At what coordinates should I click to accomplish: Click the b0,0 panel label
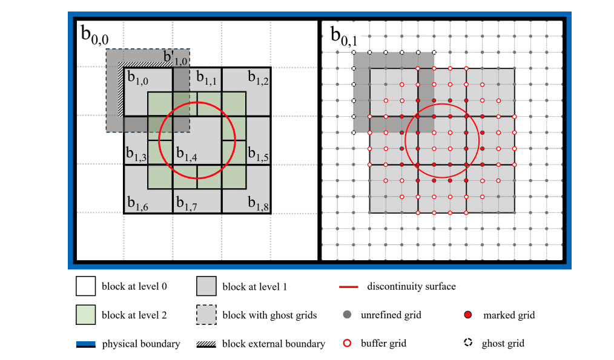pyautogui.click(x=95, y=36)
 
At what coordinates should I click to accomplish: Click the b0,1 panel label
pyautogui.click(x=343, y=36)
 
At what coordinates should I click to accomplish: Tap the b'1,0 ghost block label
pyautogui.click(x=176, y=59)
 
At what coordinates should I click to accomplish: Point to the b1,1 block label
pyautogui.click(x=207, y=79)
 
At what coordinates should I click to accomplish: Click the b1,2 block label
pyautogui.click(x=258, y=79)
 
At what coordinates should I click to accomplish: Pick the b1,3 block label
pyautogui.click(x=136, y=155)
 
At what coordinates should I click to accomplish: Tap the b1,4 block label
pyautogui.click(x=187, y=154)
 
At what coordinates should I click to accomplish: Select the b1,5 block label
pyautogui.click(x=258, y=155)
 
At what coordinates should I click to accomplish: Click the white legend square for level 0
pyautogui.click(x=86, y=286)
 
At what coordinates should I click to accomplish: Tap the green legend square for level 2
pyautogui.click(x=86, y=315)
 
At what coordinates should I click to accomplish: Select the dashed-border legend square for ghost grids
pyautogui.click(x=206, y=315)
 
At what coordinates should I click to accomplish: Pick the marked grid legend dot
pyautogui.click(x=467, y=315)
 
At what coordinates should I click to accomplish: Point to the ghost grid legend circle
pyautogui.click(x=467, y=343)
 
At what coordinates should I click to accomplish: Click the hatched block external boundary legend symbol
pyautogui.click(x=206, y=344)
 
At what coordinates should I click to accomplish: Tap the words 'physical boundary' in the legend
pyautogui.click(x=141, y=344)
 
